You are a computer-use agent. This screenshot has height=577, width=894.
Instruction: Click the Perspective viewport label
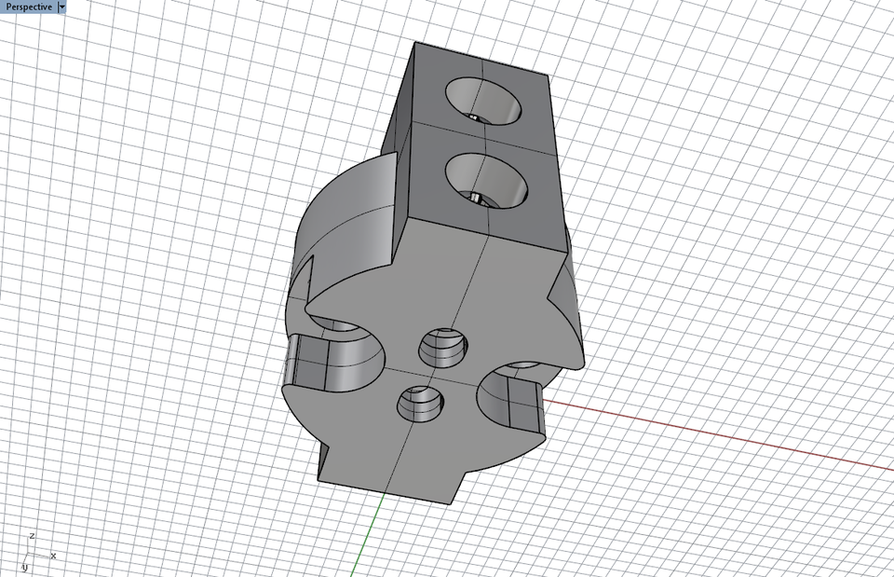28,7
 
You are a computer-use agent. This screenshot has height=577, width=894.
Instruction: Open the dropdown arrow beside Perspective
61,7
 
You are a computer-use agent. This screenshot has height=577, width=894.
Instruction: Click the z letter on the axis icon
32,536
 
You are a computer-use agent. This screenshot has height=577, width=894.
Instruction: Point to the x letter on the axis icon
53,556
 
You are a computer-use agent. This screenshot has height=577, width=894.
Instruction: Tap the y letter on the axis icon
24,567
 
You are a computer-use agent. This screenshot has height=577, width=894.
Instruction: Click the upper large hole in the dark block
483,99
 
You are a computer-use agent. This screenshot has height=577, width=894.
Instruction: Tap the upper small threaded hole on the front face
440,349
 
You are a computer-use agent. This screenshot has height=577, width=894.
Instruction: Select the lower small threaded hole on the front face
420,404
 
